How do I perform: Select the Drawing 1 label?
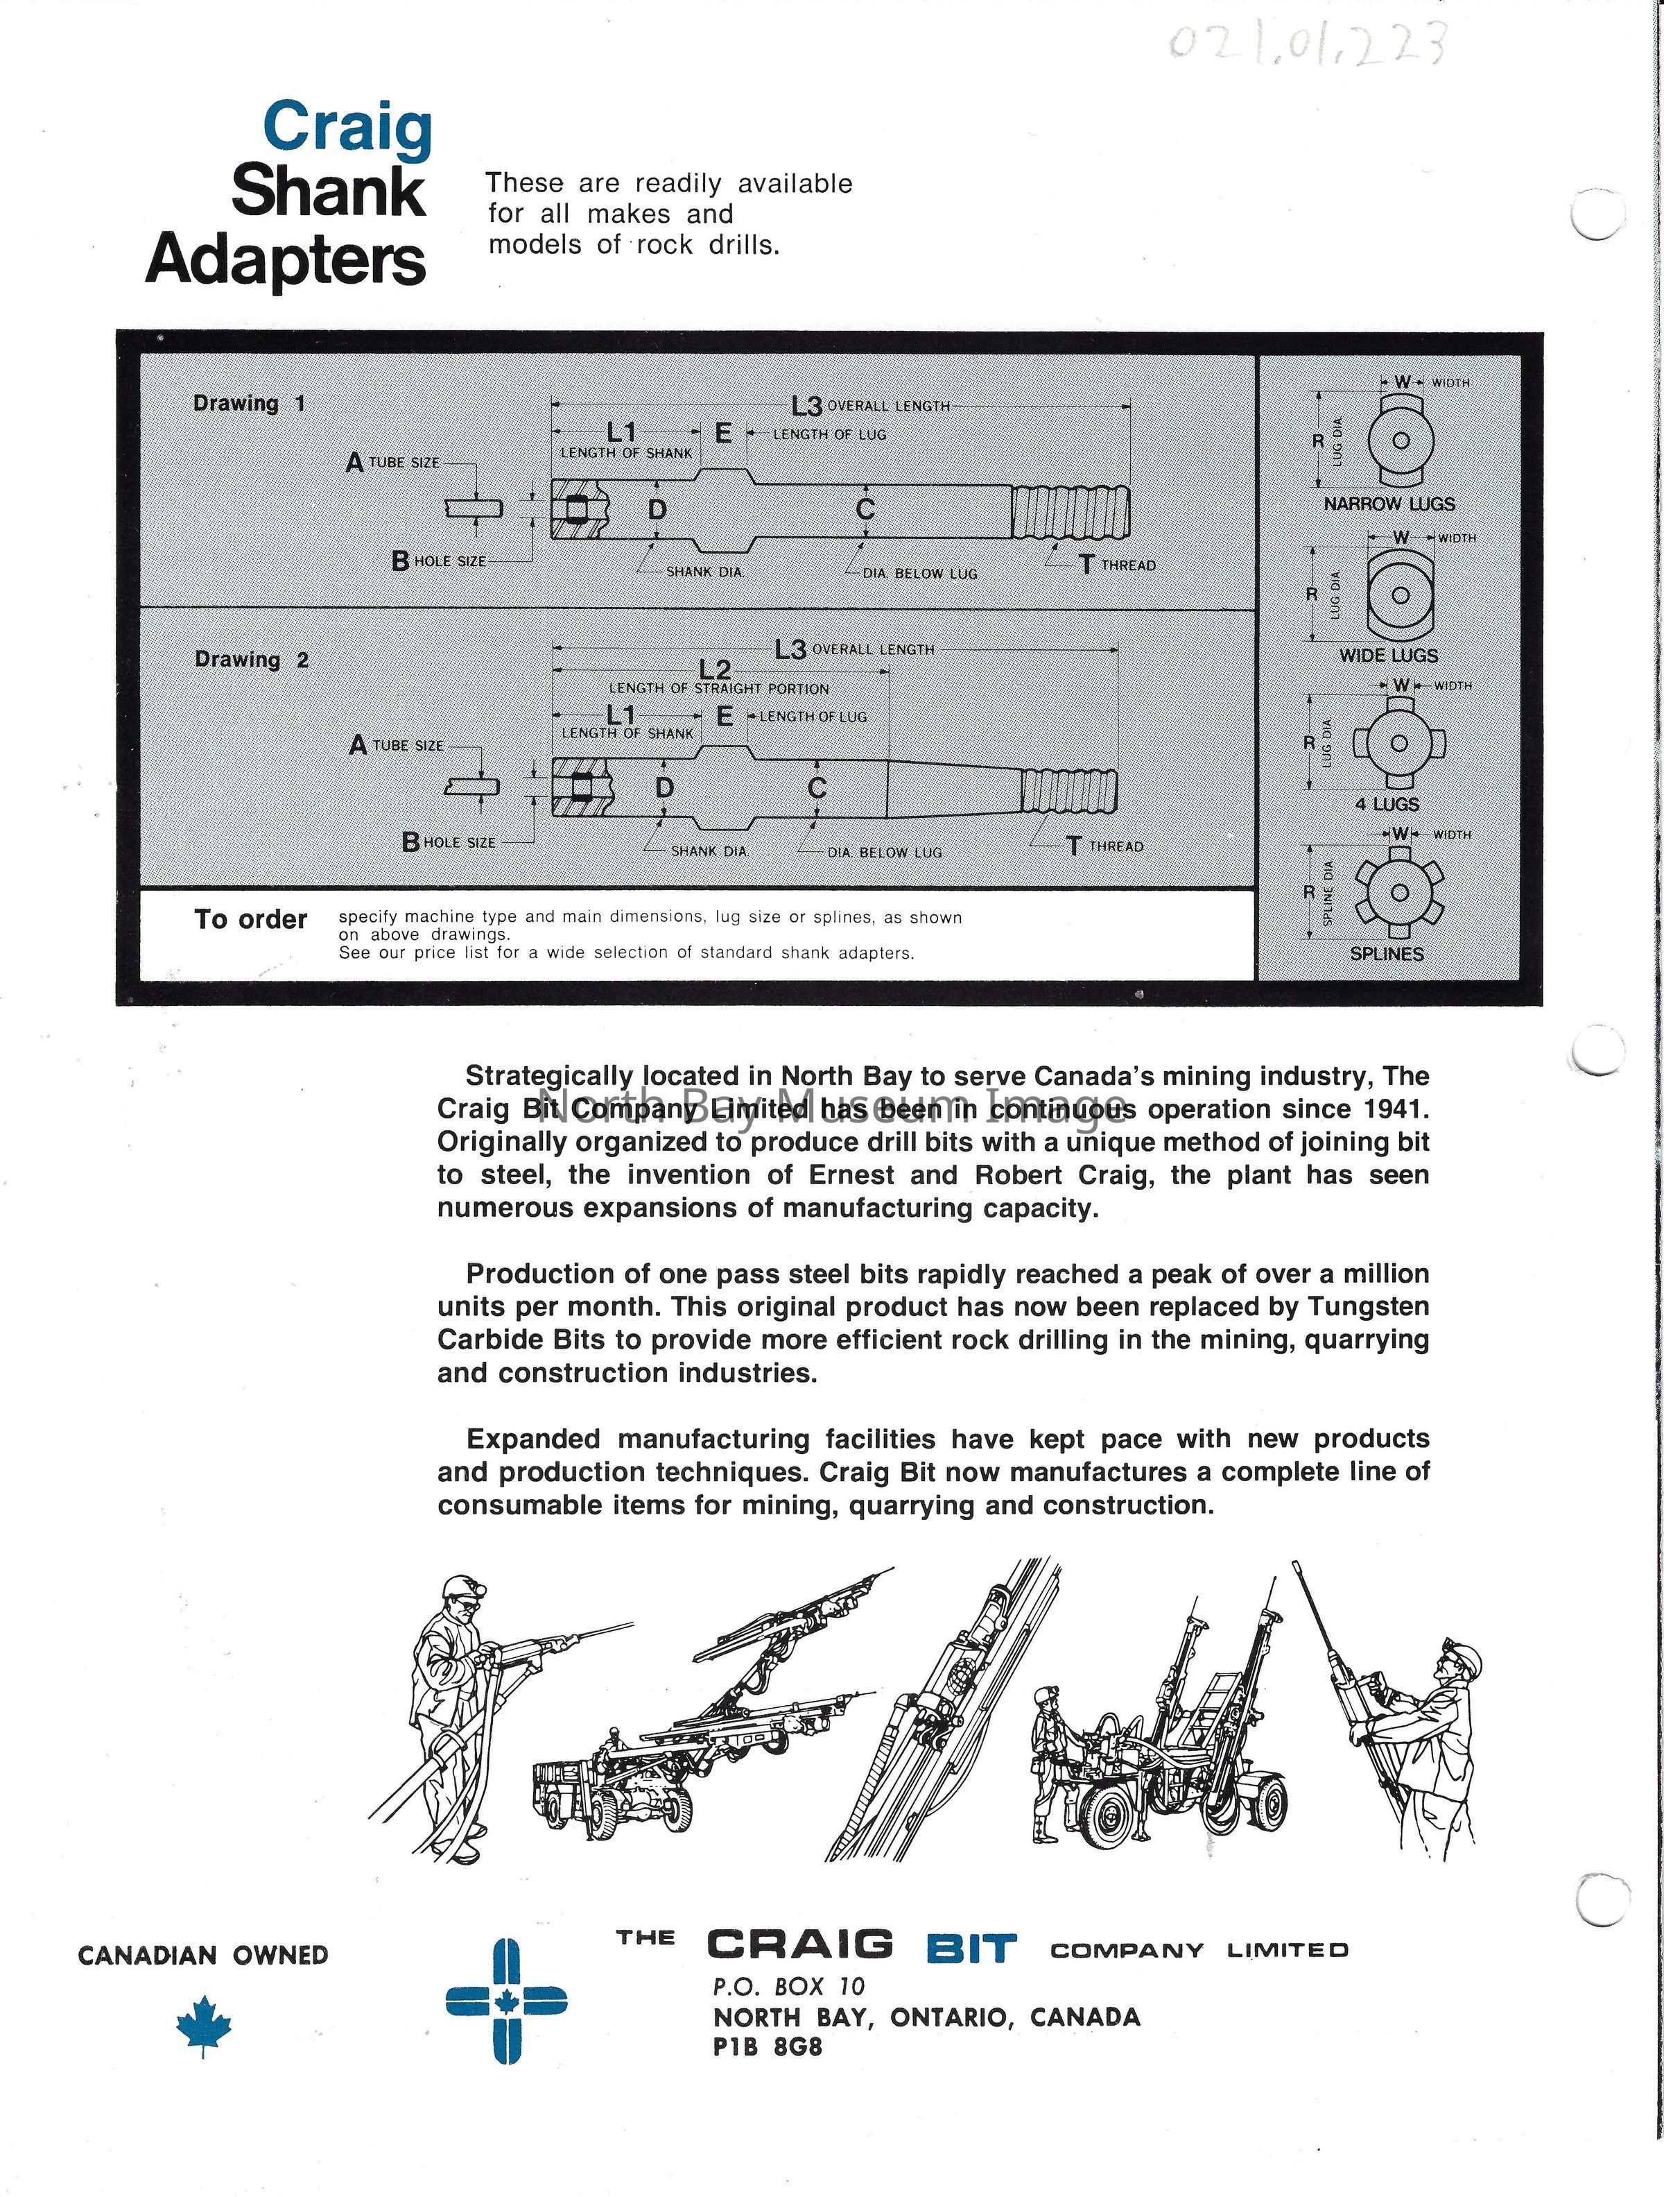pos(249,403)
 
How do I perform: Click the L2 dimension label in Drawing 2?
pos(715,669)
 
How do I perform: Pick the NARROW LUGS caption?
pos(1389,504)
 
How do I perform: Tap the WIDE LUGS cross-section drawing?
pos(1400,596)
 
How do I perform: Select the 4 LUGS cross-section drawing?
pos(1399,743)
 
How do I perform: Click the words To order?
pos(250,920)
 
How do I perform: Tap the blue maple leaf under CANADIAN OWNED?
pos(204,2024)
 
